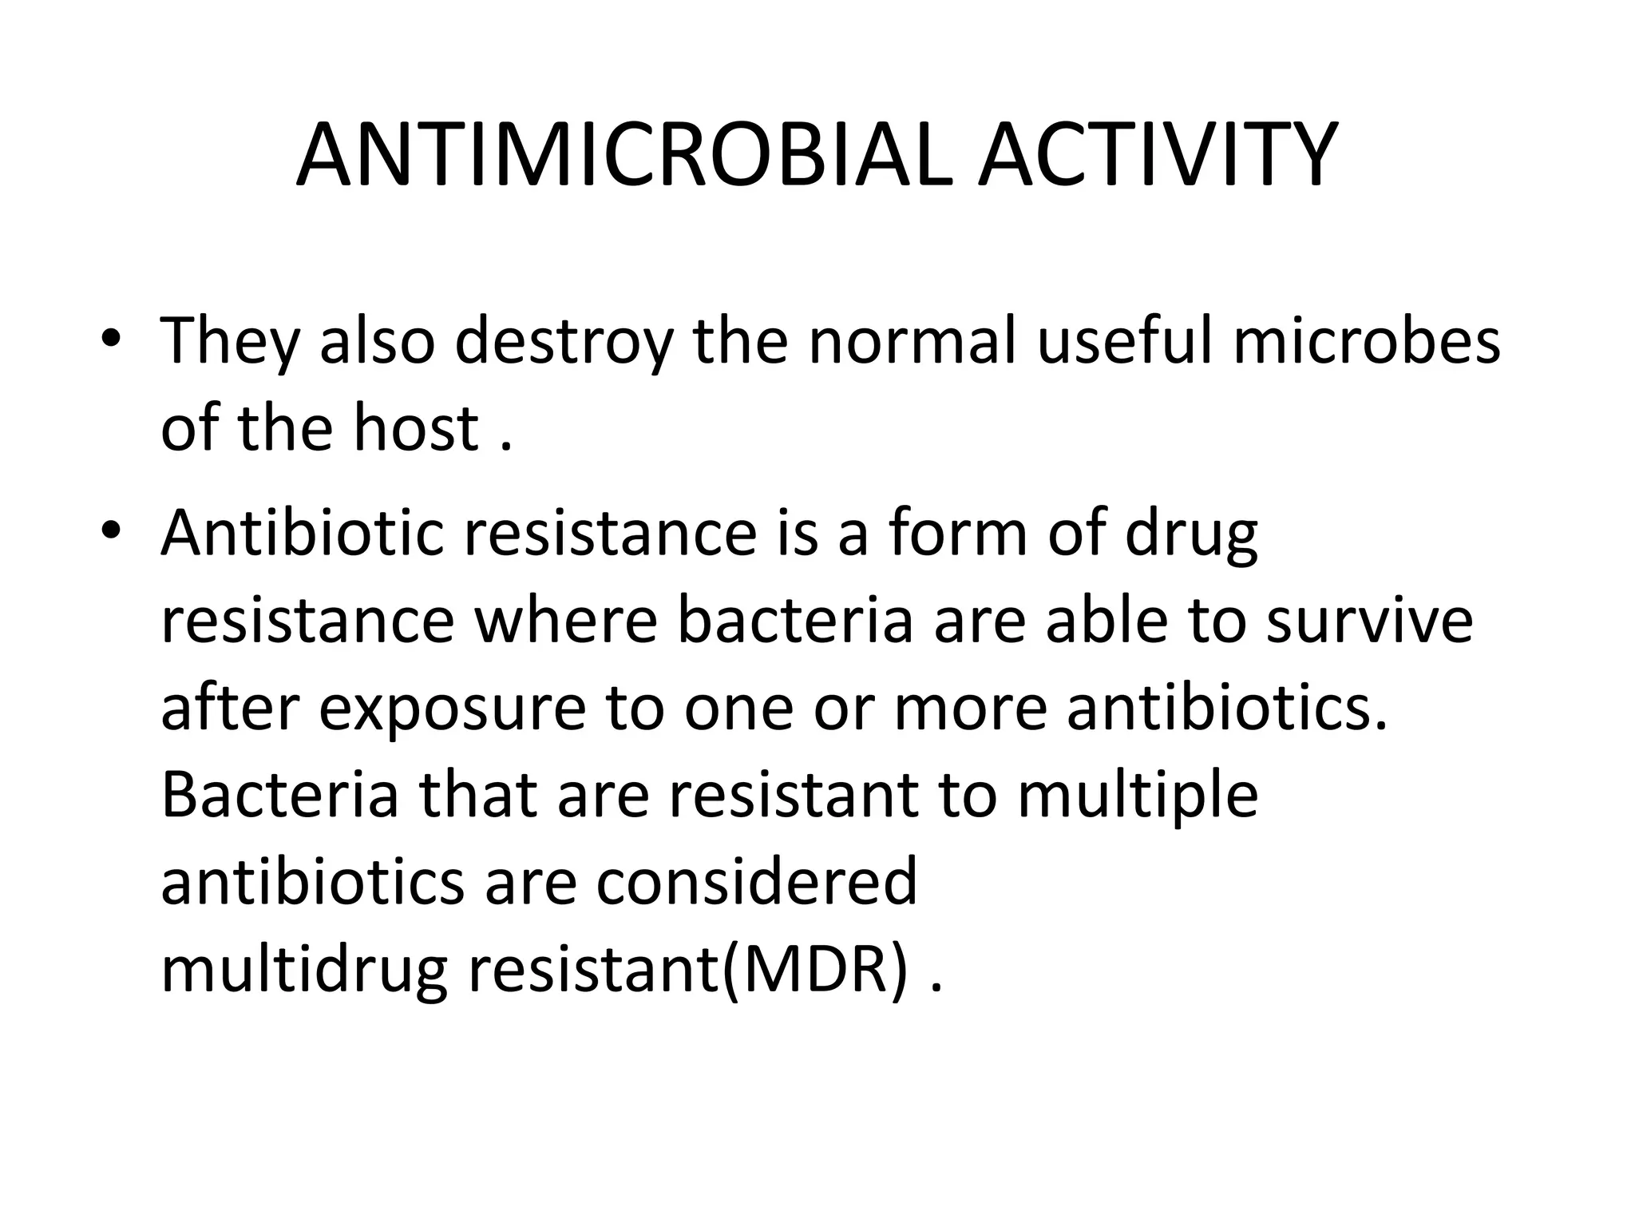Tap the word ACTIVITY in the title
coord(1158,155)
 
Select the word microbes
coord(1366,340)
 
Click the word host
coord(415,428)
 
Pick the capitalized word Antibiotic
coord(303,532)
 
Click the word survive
coord(1369,620)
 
